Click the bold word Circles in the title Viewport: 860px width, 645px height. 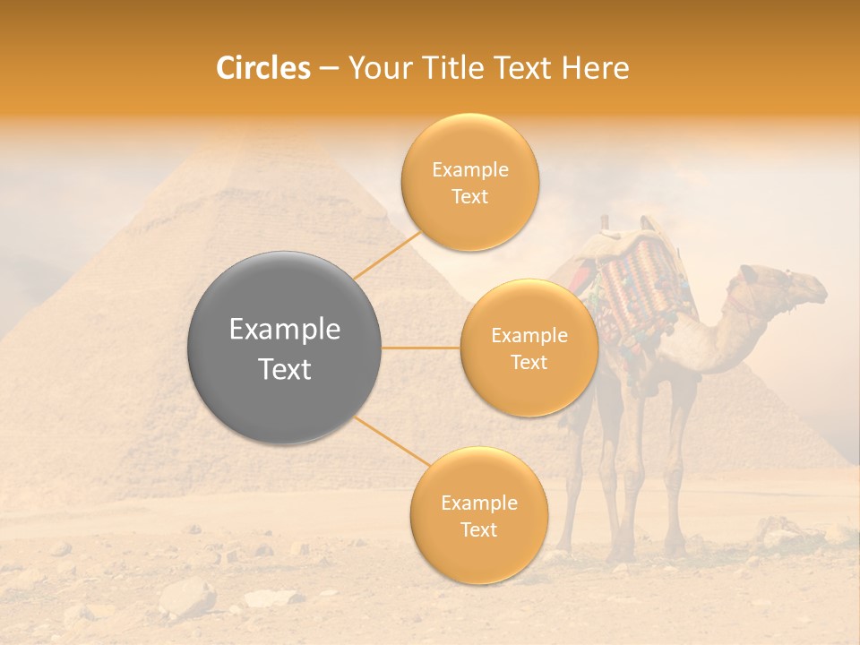262,68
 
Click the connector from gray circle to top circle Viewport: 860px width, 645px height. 387,254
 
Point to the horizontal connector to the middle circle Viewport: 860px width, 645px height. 420,348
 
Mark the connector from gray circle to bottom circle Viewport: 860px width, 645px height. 391,441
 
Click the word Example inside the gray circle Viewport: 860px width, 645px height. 284,330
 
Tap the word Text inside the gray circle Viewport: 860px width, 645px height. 284,369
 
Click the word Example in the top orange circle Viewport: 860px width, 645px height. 469,170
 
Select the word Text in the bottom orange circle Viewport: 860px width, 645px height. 478,529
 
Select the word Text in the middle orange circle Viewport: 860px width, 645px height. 529,362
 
